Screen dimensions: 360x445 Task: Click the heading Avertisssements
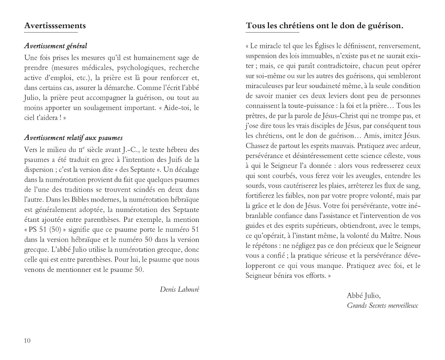(x=55, y=26)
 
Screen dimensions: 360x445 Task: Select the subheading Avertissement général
(x=55, y=46)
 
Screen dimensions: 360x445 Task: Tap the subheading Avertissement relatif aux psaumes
(x=73, y=138)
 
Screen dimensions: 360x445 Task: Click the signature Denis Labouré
(x=179, y=289)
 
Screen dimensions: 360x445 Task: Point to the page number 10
(x=27, y=340)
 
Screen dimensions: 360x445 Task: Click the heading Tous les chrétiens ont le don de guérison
(x=325, y=26)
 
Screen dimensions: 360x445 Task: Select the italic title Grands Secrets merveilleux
(x=382, y=305)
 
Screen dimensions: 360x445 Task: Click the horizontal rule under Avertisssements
(x=51, y=32)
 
